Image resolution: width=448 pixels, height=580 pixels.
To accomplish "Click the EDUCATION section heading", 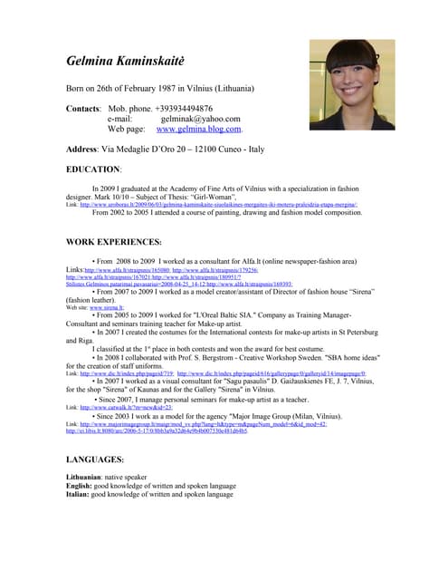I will [x=93, y=169].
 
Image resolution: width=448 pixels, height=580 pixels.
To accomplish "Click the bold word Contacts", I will [x=89, y=108].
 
